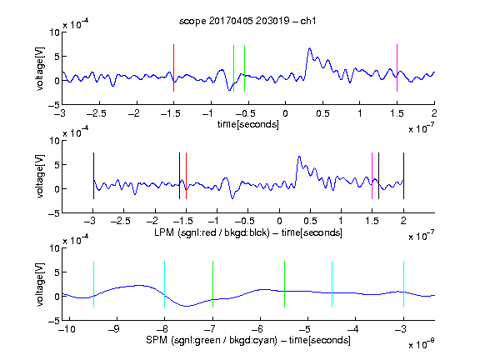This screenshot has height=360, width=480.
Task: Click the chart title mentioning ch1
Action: (247, 21)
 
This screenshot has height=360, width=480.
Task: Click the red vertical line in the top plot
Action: (173, 68)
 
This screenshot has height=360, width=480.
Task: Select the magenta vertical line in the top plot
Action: (397, 68)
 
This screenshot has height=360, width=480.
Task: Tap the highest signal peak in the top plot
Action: (309, 48)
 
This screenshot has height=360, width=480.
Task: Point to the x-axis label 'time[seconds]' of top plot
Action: (248, 124)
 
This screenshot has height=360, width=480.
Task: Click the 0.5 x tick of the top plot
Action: (322, 113)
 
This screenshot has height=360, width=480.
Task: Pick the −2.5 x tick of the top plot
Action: (96, 113)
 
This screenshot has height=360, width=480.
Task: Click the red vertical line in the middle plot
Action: (186, 176)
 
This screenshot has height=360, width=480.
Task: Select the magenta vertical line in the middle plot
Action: (372, 176)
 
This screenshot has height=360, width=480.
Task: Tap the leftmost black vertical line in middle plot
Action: (93, 176)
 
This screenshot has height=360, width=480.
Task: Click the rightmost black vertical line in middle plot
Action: (403, 176)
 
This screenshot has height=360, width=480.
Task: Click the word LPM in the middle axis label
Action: (164, 232)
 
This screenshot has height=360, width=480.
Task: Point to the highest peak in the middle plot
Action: (299, 157)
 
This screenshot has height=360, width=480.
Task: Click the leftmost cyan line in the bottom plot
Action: (93, 284)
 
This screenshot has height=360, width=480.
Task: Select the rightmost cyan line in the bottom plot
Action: (403, 284)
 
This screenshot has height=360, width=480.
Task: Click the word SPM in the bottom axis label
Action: (157, 340)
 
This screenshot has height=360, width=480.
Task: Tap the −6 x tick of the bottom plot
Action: (257, 329)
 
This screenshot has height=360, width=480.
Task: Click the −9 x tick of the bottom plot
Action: (114, 329)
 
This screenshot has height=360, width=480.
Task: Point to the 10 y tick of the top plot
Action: (55, 32)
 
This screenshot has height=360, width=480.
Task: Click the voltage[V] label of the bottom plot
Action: (40, 284)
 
